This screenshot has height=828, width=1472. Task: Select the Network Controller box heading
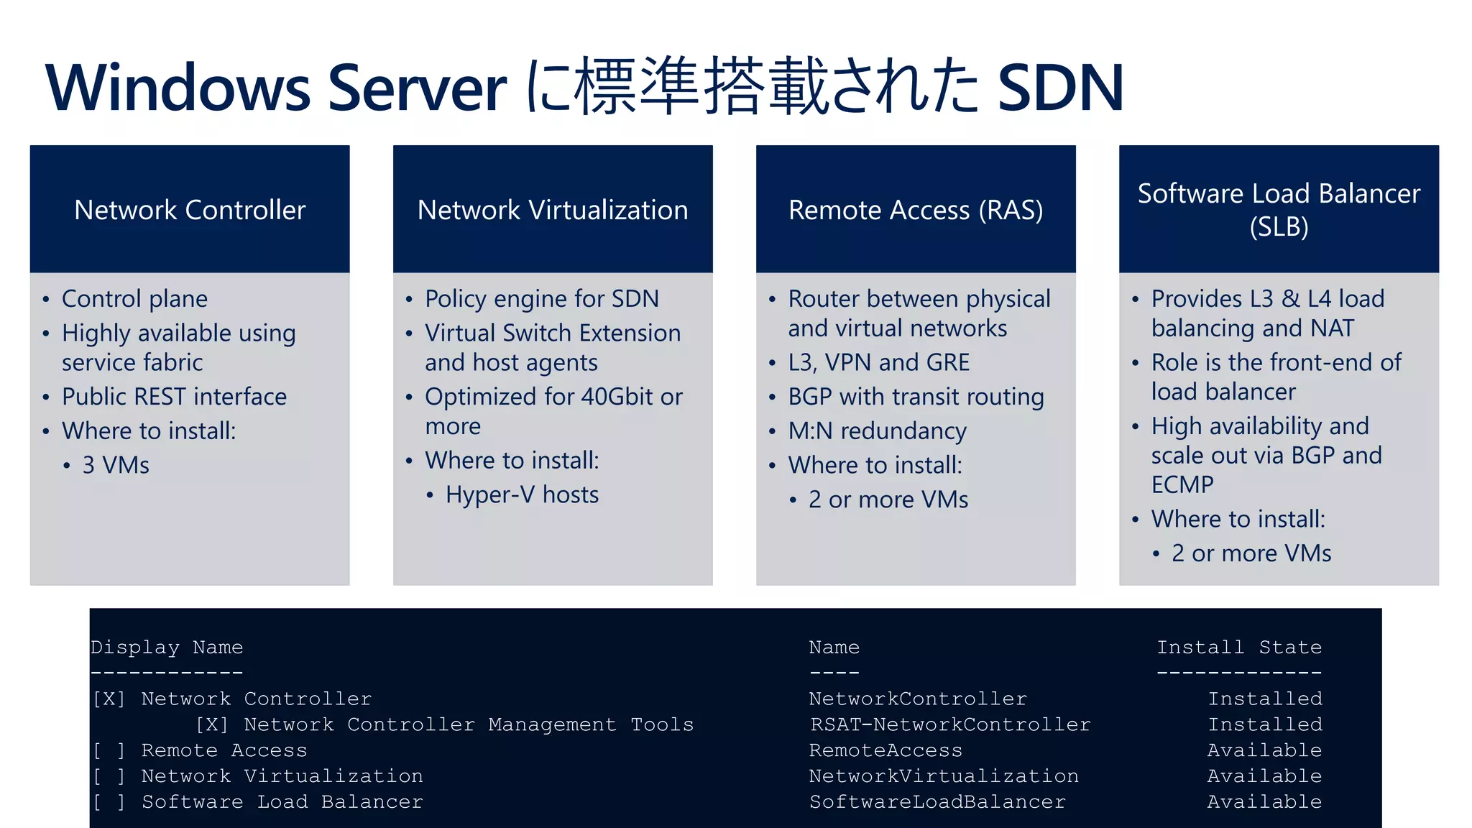[x=190, y=210]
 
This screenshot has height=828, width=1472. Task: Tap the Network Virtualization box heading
[x=553, y=210]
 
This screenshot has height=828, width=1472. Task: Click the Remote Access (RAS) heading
[x=916, y=210]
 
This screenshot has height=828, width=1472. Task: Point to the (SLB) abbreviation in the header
[x=1279, y=227]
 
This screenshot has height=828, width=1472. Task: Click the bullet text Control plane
[x=134, y=299]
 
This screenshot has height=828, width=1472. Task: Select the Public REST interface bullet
[x=174, y=397]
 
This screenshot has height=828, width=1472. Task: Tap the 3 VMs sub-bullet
[x=116, y=465]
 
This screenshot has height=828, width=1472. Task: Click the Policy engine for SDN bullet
[x=542, y=299]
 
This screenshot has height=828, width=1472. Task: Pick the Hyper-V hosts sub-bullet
[x=522, y=494]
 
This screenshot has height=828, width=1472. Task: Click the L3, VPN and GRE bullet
[x=878, y=362]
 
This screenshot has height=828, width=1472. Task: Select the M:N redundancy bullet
[x=877, y=431]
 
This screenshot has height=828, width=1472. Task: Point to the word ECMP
[x=1182, y=485]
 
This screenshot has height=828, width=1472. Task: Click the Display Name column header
[x=167, y=648]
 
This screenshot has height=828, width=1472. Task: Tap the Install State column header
[x=1239, y=648]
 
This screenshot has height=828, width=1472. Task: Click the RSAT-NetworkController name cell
[x=950, y=724]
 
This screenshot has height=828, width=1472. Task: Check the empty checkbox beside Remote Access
[x=109, y=751]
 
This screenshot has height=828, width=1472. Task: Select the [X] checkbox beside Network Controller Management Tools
[x=212, y=724]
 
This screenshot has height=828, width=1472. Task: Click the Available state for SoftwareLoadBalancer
[x=1264, y=802]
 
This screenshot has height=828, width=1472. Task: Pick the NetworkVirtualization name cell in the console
[x=944, y=776]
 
